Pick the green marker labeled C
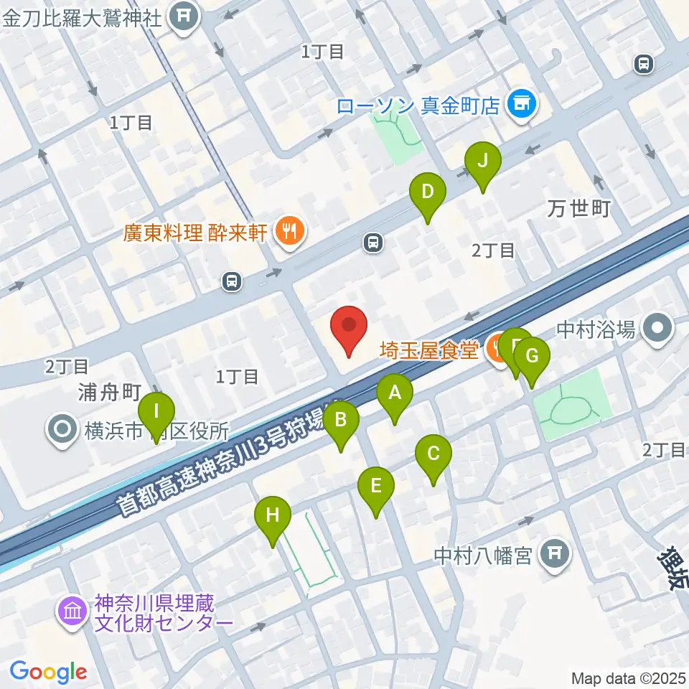(x=433, y=455)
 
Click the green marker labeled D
(x=428, y=193)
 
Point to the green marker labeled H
(x=272, y=516)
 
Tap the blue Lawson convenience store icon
(x=520, y=106)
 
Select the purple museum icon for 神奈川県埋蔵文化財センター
(x=72, y=612)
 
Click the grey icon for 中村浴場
(x=657, y=330)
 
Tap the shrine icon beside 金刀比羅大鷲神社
(x=184, y=17)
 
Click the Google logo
(x=49, y=672)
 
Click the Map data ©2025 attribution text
(x=629, y=678)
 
